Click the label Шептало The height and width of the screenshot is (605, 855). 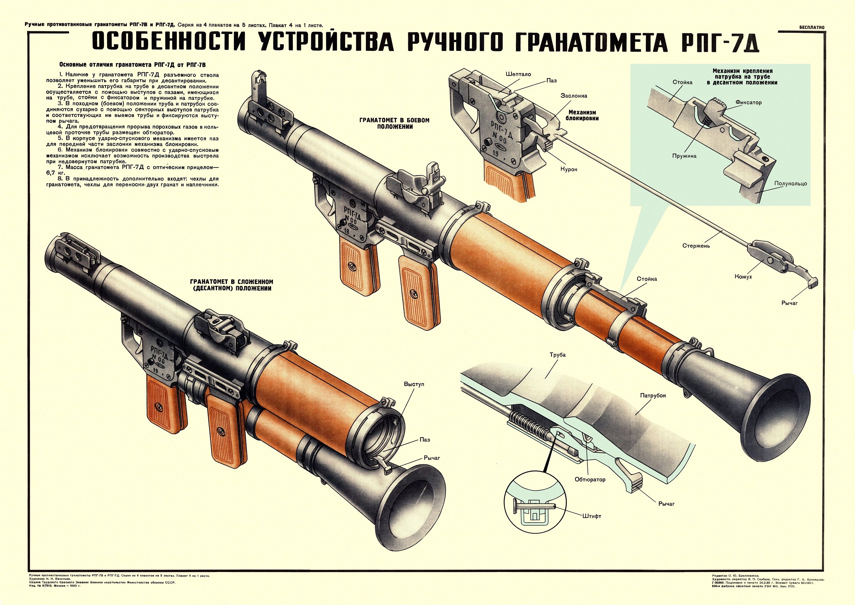[x=518, y=74]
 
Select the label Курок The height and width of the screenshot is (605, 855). [x=568, y=169]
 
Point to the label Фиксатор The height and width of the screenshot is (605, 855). [x=749, y=102]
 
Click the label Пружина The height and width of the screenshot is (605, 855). [x=684, y=156]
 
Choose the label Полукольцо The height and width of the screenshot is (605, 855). [x=791, y=184]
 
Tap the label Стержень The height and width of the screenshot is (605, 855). [x=696, y=246]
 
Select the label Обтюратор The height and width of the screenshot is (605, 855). [x=590, y=479]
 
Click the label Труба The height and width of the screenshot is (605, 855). [x=557, y=355]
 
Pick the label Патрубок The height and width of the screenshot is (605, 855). [x=653, y=395]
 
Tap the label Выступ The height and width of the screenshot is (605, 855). [x=414, y=384]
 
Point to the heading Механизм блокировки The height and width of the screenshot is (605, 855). [x=584, y=115]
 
